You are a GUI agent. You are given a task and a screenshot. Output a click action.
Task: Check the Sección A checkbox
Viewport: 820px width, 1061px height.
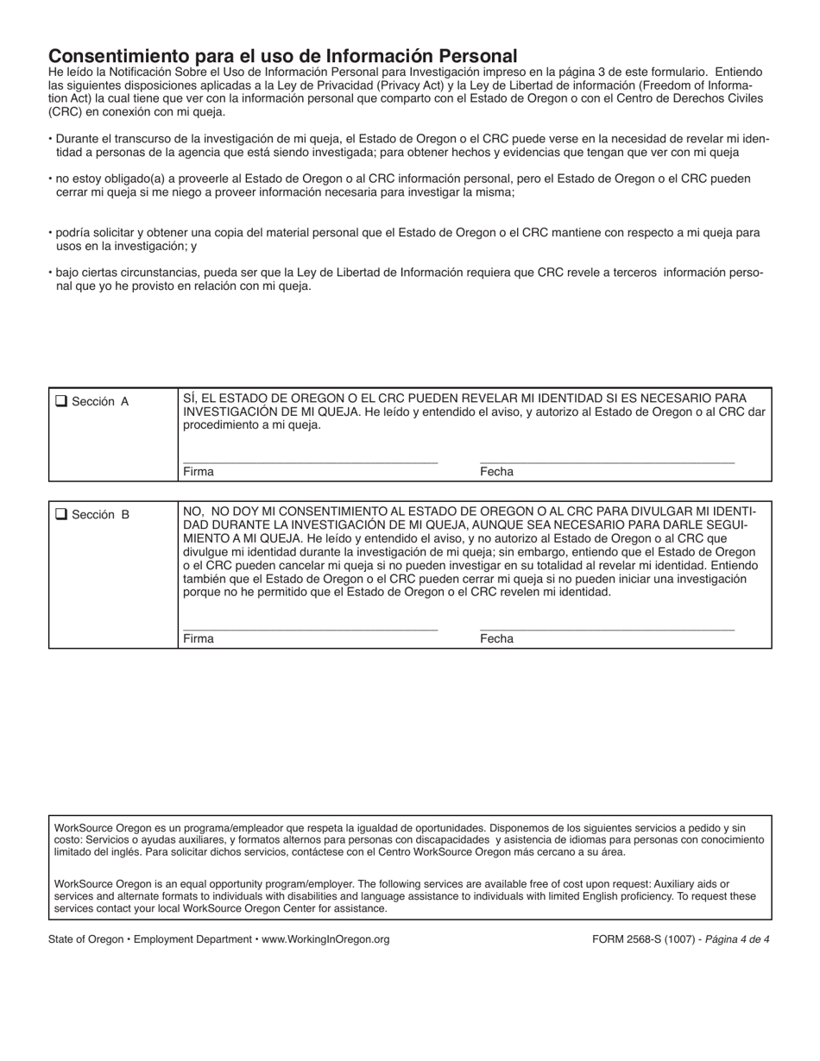coord(61,400)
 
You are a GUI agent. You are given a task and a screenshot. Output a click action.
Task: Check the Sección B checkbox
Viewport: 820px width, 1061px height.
coord(61,514)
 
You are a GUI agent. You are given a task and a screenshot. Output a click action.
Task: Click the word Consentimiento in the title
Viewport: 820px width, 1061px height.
coord(121,55)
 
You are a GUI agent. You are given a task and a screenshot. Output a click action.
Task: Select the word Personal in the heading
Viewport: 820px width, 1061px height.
coord(481,55)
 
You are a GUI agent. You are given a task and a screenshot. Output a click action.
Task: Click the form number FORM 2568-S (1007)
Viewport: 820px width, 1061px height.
coord(639,939)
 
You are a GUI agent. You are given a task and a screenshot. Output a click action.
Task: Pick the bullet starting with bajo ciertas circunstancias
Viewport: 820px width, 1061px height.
coord(406,279)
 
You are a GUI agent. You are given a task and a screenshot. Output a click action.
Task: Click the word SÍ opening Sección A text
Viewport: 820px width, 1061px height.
coord(189,399)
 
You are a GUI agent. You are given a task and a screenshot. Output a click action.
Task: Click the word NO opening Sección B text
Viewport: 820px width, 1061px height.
coord(192,512)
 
